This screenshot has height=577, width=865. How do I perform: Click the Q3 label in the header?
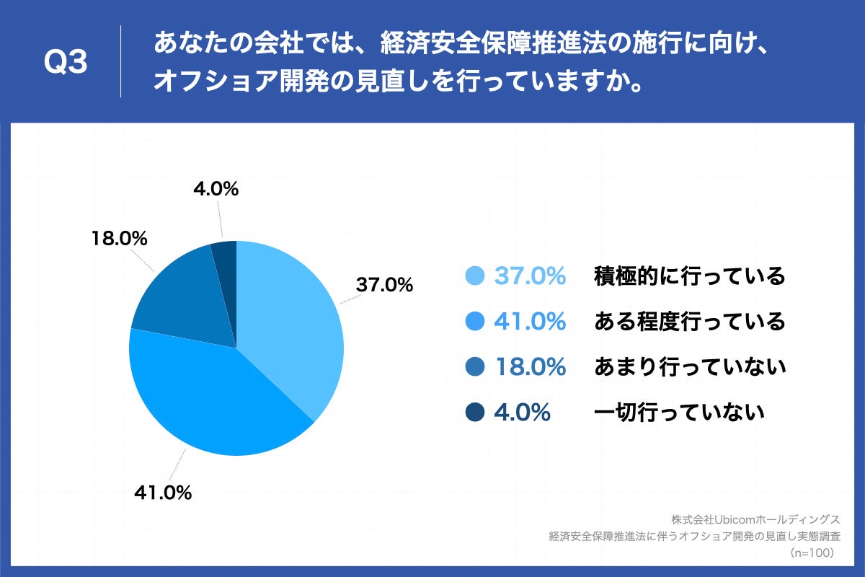click(66, 63)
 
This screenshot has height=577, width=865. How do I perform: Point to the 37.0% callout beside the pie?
click(384, 285)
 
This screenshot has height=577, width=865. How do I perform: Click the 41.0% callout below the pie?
click(163, 493)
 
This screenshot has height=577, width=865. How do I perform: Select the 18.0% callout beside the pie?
click(120, 238)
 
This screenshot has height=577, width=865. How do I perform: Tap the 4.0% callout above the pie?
click(216, 189)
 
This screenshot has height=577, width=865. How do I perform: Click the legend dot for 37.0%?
click(475, 276)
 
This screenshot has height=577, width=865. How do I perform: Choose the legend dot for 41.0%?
click(475, 322)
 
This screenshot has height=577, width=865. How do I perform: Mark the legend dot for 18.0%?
click(475, 367)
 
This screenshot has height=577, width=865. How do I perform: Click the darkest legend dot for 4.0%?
click(475, 413)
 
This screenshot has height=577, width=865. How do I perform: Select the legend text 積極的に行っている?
click(689, 276)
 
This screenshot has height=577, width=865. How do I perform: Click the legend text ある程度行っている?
click(689, 322)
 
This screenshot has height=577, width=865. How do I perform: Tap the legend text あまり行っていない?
click(689, 367)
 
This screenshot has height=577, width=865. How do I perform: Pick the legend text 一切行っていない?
click(678, 413)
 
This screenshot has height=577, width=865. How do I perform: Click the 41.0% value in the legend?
click(530, 322)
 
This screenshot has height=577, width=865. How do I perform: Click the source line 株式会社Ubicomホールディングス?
click(755, 520)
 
